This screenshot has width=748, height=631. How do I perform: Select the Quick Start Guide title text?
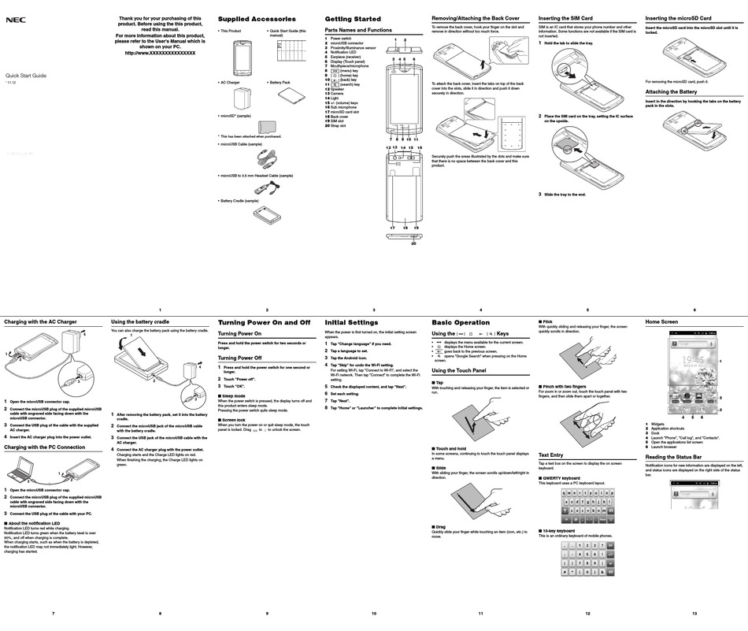pos(26,76)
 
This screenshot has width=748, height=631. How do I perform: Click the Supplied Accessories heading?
pos(257,19)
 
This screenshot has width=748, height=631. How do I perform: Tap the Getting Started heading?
pos(353,19)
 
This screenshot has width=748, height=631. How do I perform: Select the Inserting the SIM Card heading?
pos(565,17)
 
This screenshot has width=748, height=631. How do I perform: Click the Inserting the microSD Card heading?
pos(678,17)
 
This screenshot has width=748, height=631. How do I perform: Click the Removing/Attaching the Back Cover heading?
pos(475,17)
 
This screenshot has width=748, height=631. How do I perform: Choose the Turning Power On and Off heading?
pos(264,323)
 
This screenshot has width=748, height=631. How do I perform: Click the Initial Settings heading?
pos(351,323)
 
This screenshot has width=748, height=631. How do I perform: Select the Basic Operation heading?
pos(461,323)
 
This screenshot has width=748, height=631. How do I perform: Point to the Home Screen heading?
pos(661,322)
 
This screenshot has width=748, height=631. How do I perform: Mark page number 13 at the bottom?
pos(694,613)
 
